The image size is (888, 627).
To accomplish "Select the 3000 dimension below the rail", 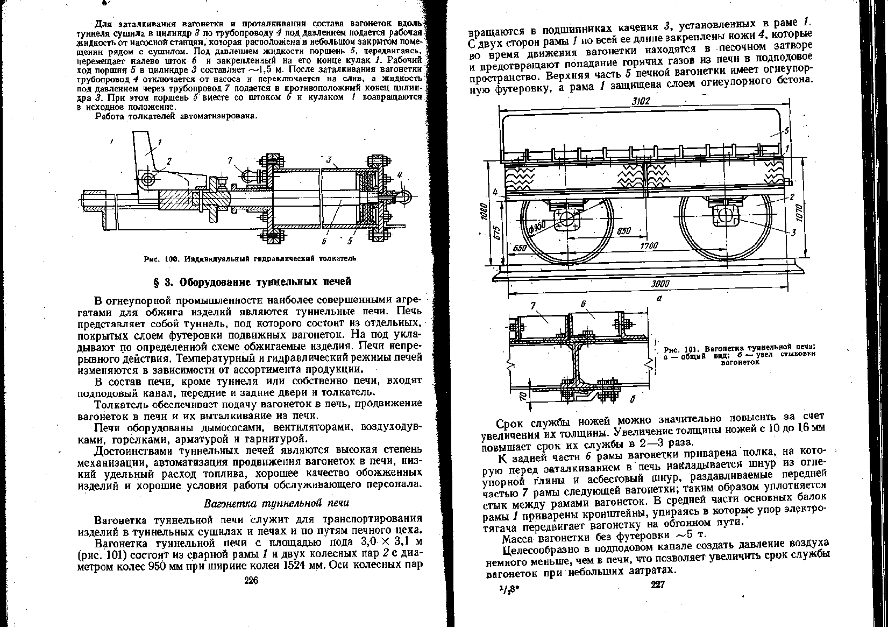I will coord(659,284).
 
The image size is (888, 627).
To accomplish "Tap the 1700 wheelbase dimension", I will coord(650,246).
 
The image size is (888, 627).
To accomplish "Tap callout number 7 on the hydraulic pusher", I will coord(230,160).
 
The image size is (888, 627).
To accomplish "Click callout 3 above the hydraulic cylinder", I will coord(329,160).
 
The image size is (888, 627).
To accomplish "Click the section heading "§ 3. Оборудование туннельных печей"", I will coord(251,281).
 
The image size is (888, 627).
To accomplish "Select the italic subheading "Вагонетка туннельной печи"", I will coord(276,503).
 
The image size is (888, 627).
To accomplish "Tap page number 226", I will coord(251,580).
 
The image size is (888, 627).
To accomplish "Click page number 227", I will coord(659,585).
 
